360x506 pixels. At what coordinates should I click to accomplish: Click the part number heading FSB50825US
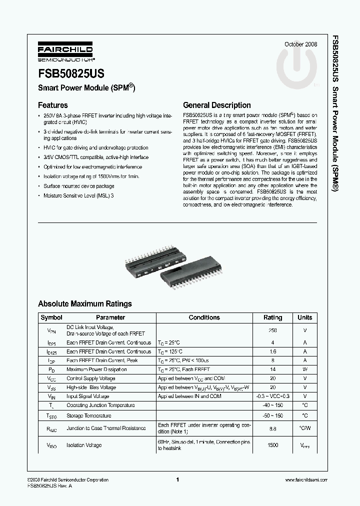click(71, 73)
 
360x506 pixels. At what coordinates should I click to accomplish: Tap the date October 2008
click(300, 43)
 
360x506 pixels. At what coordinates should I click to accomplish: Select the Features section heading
click(53, 105)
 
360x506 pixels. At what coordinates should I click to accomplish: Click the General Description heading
click(217, 105)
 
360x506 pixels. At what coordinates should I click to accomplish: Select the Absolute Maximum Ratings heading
click(85, 303)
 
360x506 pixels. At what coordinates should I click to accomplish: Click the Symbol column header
click(51, 317)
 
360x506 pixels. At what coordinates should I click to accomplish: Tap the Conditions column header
click(204, 317)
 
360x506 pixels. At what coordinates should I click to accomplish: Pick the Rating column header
click(272, 317)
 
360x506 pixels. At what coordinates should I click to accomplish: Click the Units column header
click(304, 317)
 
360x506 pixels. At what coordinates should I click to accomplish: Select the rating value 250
click(272, 330)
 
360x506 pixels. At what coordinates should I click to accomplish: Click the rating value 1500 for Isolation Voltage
click(272, 445)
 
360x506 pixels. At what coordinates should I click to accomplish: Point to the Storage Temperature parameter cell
click(89, 415)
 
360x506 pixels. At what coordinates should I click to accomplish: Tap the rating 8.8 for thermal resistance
click(272, 428)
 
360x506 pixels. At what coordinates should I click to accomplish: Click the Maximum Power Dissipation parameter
click(96, 369)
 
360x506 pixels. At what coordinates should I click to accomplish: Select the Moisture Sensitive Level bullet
click(79, 195)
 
